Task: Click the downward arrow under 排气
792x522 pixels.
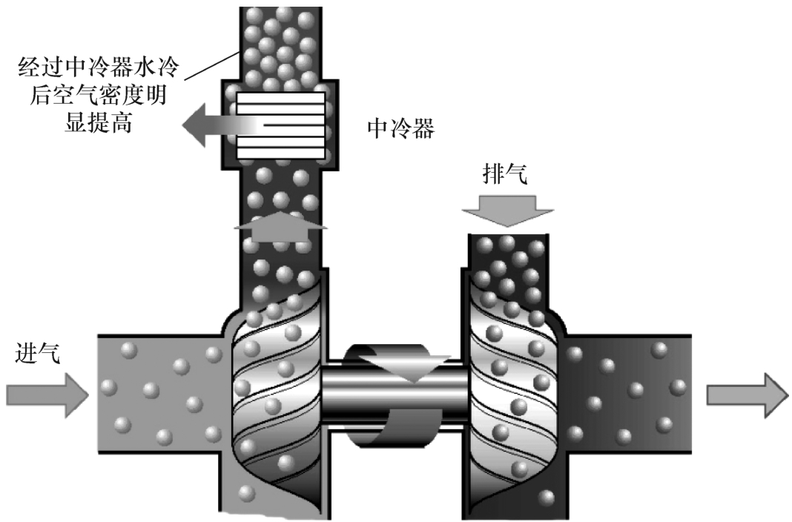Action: tap(507, 209)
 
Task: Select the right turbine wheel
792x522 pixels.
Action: tap(512, 393)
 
